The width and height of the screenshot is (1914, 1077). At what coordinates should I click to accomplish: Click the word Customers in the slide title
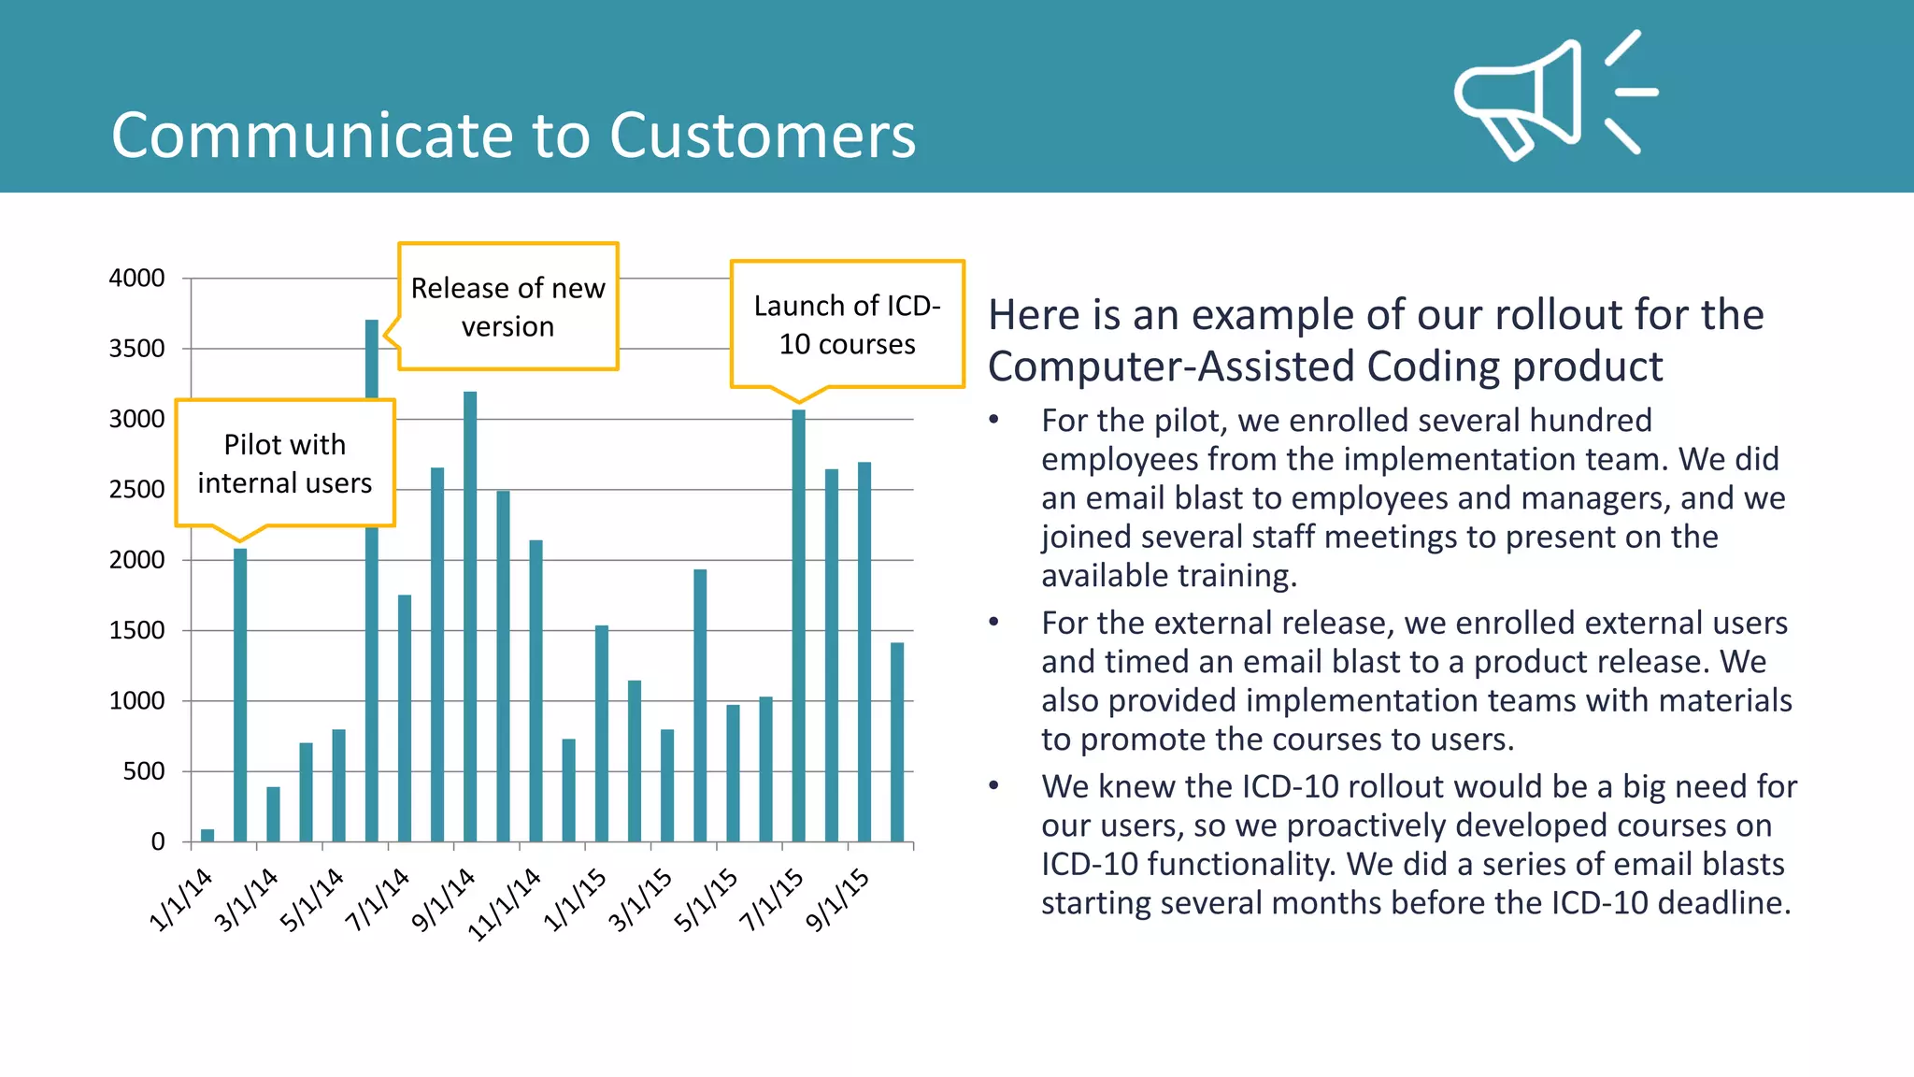[762, 136]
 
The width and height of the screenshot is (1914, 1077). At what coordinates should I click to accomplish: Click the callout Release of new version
[507, 307]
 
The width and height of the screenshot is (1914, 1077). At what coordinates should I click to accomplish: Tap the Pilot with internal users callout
[284, 463]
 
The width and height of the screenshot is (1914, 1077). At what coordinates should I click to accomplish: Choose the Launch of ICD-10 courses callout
[847, 324]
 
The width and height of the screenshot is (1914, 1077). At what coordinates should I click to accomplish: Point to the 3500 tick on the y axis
[137, 349]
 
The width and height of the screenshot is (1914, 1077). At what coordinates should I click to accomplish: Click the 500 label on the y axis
[143, 771]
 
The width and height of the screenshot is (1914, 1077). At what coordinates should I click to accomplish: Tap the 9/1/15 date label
[838, 899]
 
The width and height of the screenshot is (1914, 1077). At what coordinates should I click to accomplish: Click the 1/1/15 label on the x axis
[575, 899]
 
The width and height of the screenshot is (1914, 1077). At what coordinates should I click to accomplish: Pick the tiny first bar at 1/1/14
[207, 835]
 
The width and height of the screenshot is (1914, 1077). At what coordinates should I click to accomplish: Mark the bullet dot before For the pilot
[994, 420]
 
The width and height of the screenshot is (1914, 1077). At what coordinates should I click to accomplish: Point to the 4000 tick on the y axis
[137, 279]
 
